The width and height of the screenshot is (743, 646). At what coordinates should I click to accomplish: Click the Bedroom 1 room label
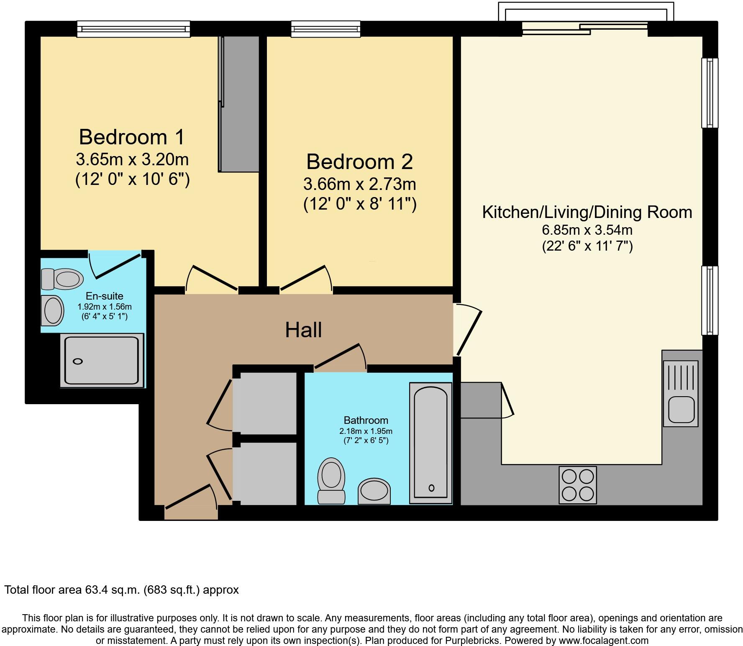131,137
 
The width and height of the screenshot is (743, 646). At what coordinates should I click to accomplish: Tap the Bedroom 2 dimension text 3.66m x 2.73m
359,184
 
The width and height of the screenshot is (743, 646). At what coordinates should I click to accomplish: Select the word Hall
303,330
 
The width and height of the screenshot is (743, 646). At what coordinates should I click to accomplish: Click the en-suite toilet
63,279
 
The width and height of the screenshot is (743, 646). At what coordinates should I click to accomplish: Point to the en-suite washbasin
52,310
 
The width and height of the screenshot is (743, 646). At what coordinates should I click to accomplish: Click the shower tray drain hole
78,361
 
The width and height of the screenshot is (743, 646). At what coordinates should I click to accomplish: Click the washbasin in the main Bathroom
374,491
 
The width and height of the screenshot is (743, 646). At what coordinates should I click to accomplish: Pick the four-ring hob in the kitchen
578,485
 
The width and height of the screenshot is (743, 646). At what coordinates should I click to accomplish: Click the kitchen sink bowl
682,409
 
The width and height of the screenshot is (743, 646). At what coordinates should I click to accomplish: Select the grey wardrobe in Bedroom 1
239,104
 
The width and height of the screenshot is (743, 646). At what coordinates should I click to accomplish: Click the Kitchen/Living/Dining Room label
587,212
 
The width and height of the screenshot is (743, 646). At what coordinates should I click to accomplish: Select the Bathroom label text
366,420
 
